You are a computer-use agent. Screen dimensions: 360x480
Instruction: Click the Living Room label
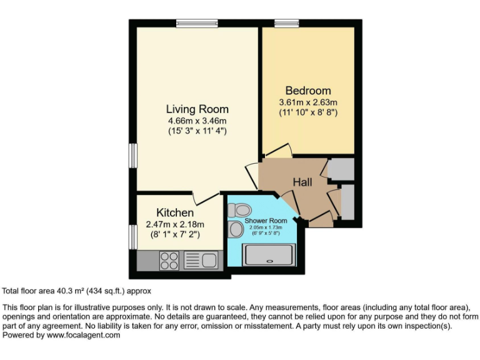197,109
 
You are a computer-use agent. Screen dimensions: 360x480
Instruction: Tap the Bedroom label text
308,91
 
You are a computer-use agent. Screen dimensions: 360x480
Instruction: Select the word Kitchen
175,213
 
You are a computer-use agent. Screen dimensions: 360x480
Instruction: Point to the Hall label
302,182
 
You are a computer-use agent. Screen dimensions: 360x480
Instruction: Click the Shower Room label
266,221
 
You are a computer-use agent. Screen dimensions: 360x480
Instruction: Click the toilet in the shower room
241,209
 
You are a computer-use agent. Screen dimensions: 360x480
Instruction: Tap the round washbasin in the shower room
236,229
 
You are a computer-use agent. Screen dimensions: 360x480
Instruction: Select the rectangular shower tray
268,255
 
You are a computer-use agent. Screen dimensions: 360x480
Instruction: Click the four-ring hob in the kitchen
169,259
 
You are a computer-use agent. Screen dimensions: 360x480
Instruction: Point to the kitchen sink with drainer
200,259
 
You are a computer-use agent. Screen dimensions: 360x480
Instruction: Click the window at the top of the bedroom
286,24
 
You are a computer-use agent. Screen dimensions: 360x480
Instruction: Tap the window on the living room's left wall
132,155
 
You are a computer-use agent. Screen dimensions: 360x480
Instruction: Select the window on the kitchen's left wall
132,237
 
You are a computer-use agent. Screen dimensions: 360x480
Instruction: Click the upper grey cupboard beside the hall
341,169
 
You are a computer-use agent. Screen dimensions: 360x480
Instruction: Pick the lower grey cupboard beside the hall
347,202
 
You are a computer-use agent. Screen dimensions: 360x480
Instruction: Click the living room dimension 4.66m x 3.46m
197,121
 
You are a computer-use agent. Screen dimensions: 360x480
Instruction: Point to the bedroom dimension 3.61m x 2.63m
308,102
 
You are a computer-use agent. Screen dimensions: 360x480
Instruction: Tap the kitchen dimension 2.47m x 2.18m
175,224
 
